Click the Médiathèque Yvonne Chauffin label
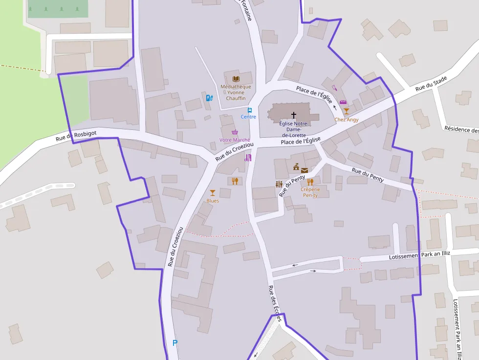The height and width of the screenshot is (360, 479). click(x=236, y=92)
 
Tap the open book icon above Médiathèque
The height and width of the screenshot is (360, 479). click(x=236, y=79)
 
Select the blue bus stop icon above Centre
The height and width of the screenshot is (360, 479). click(x=249, y=110)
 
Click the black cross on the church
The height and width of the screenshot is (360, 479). click(x=294, y=115)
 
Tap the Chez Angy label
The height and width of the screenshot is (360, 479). click(x=346, y=120)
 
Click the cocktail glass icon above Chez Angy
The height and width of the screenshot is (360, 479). click(x=346, y=111)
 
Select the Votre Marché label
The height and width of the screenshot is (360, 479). click(x=235, y=140)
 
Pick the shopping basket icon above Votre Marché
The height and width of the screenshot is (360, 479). click(x=235, y=132)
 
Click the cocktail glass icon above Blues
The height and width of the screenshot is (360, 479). click(x=212, y=193)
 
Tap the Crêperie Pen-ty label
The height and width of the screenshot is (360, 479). click(x=310, y=192)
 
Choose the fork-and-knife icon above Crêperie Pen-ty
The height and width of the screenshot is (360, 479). click(x=310, y=182)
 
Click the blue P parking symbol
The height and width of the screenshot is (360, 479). click(x=175, y=343)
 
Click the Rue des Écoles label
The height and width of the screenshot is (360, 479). click(x=275, y=303)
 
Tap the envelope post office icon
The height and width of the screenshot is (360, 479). click(x=305, y=170)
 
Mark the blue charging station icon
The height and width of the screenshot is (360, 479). click(x=209, y=98)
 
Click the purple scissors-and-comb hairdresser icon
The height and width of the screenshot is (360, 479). click(x=248, y=158)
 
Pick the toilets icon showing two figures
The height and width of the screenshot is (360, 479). click(x=279, y=184)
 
